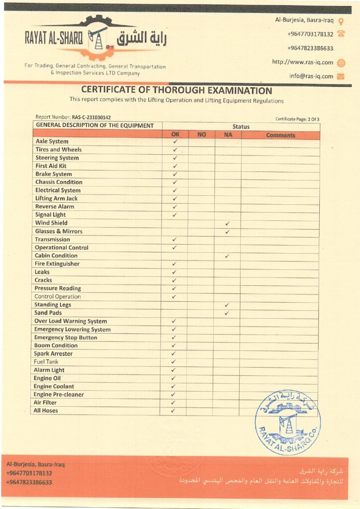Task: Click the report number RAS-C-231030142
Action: pyautogui.click(x=91, y=117)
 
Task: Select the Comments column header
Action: pyautogui.click(x=280, y=135)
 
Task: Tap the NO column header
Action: pyautogui.click(x=201, y=135)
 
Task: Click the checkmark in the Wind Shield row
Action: pyautogui.click(x=227, y=223)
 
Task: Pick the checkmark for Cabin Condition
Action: pyautogui.click(x=227, y=256)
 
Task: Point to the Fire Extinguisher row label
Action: pyautogui.click(x=57, y=264)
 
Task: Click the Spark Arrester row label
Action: pyautogui.click(x=53, y=354)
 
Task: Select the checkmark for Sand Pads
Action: pyautogui.click(x=227, y=313)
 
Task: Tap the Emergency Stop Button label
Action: pyautogui.click(x=66, y=338)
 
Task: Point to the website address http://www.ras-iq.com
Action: pyautogui.click(x=302, y=62)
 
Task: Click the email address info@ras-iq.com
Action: pyautogui.click(x=311, y=76)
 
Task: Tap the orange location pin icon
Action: pyautogui.click(x=341, y=21)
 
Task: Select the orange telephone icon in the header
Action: pyautogui.click(x=341, y=34)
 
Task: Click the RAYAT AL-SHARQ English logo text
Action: pyautogui.click(x=54, y=39)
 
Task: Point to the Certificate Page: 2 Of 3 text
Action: pyautogui.click(x=297, y=119)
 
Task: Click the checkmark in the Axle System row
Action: pyautogui.click(x=175, y=142)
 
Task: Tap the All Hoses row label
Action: pyautogui.click(x=46, y=411)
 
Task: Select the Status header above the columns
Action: pyautogui.click(x=241, y=127)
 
